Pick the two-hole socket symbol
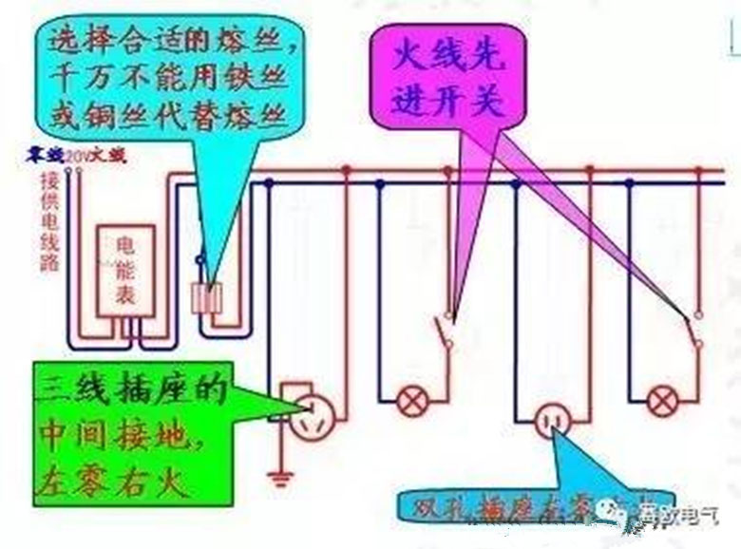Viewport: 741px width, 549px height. pos(552,419)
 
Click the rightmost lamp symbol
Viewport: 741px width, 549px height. pos(661,402)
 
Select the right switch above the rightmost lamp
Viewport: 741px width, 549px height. pos(693,332)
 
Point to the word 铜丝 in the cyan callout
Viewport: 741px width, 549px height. pos(109,116)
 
